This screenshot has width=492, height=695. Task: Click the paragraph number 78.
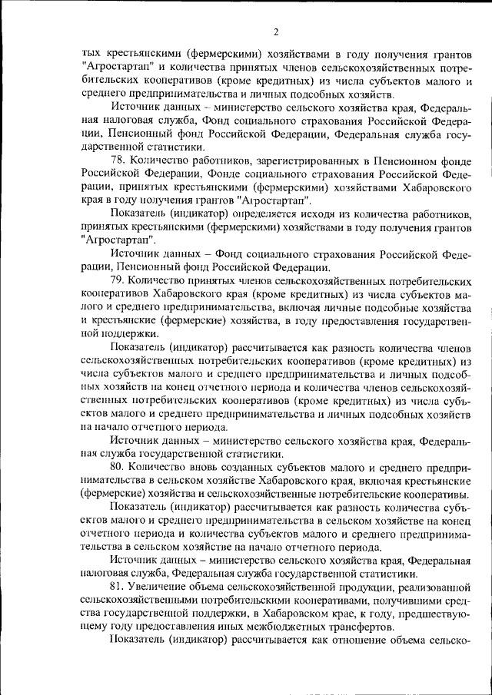pyautogui.click(x=118, y=161)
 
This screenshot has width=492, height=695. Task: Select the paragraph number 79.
pyautogui.click(x=118, y=280)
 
